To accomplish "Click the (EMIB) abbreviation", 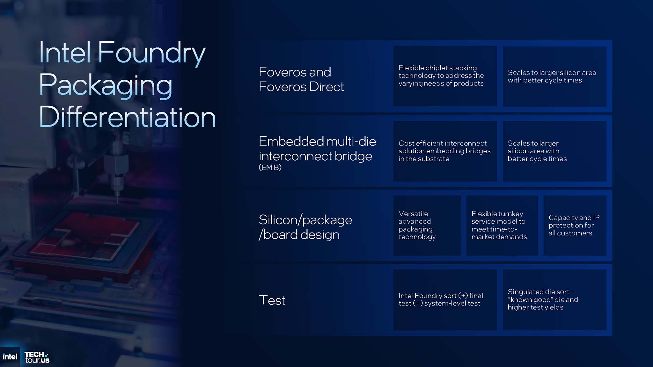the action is click(x=270, y=167).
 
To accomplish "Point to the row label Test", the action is click(x=272, y=300).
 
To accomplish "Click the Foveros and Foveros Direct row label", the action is click(x=301, y=79).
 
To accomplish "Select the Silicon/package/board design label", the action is click(x=305, y=227).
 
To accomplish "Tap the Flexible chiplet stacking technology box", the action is click(x=445, y=76).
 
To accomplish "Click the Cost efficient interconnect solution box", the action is click(x=445, y=151).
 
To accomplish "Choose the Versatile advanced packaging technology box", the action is click(x=427, y=225).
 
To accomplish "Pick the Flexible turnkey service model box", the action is click(x=502, y=225).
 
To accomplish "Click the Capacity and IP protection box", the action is click(x=575, y=225).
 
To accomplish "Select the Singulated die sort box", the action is click(x=554, y=300).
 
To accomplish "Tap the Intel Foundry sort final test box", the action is click(x=445, y=300).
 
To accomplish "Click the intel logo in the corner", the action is click(x=10, y=357).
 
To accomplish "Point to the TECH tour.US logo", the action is click(x=37, y=357).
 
